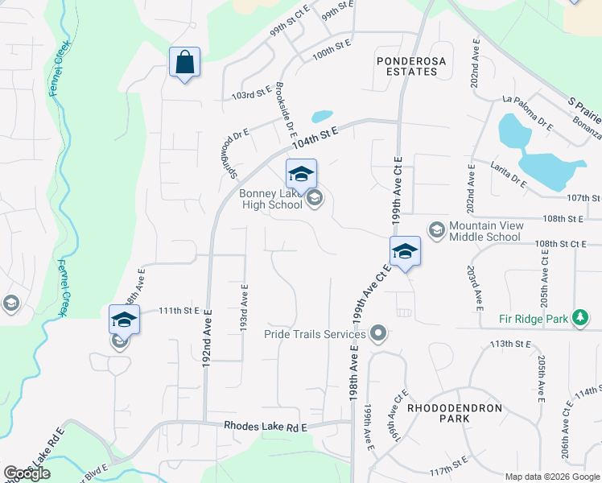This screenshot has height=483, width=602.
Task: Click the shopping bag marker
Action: [x=184, y=62]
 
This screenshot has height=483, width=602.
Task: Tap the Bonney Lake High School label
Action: [x=270, y=199]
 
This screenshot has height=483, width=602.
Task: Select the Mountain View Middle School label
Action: [x=484, y=231]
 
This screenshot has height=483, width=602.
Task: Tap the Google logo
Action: [x=27, y=473]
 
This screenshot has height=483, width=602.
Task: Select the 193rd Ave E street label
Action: [x=243, y=306]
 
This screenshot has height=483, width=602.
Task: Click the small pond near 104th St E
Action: [x=322, y=116]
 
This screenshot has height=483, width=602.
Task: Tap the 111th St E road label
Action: [x=178, y=311]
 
